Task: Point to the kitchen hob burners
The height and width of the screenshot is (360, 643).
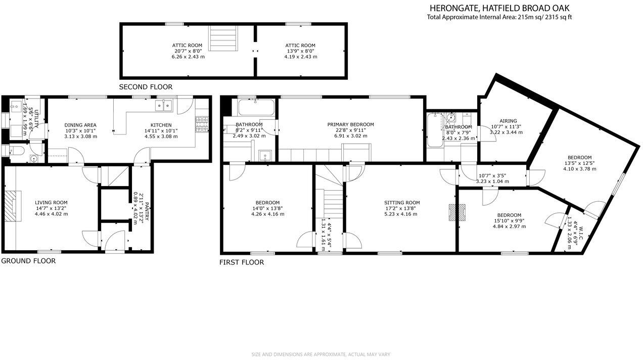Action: (x=201, y=121)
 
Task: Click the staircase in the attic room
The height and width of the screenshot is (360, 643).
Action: (x=223, y=38)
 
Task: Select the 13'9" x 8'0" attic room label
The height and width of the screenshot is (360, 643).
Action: (x=300, y=51)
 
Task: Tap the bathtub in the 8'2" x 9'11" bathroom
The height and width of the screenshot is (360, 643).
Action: (x=256, y=107)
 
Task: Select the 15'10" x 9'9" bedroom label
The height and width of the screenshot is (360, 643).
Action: (x=509, y=220)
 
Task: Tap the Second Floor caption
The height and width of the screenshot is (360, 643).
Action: (x=146, y=87)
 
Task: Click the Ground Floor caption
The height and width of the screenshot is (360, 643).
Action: (x=28, y=261)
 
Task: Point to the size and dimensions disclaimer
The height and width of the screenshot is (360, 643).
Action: (x=321, y=354)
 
